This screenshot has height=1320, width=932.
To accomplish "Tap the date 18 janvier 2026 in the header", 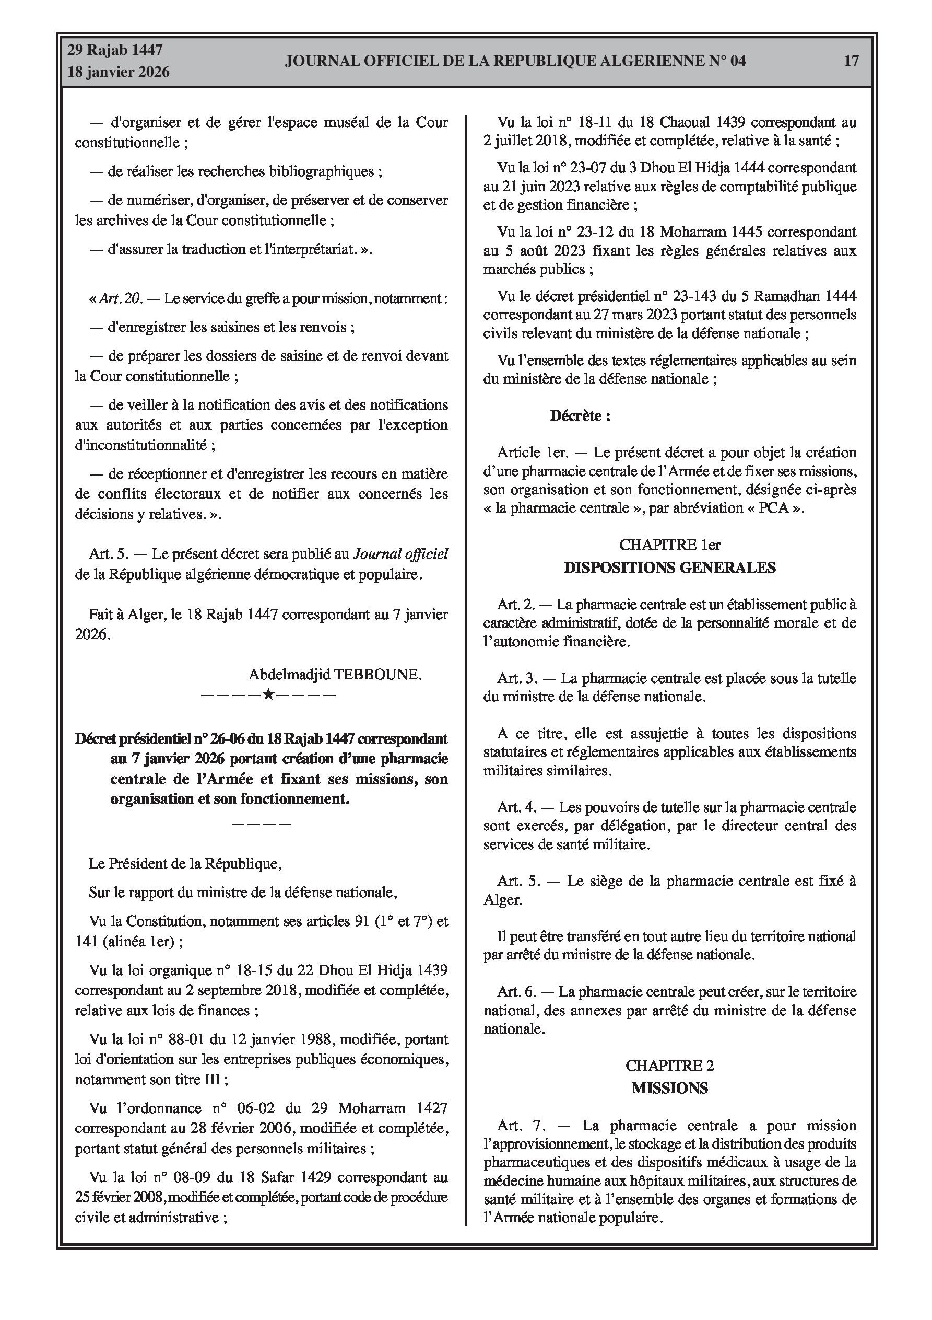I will [x=119, y=72].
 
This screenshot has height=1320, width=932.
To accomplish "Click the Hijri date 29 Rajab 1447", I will [x=115, y=50].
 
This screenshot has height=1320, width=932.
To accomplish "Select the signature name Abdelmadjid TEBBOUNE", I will [x=335, y=675].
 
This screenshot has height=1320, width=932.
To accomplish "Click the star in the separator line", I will [x=268, y=695].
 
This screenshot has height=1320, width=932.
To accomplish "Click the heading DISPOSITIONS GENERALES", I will [x=669, y=568].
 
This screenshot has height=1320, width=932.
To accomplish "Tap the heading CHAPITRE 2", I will [x=669, y=1066].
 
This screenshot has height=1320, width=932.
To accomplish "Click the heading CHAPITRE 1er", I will [x=669, y=545].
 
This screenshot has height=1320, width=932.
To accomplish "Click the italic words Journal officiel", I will [x=400, y=553].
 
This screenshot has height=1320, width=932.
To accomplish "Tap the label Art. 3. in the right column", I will [x=517, y=678].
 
